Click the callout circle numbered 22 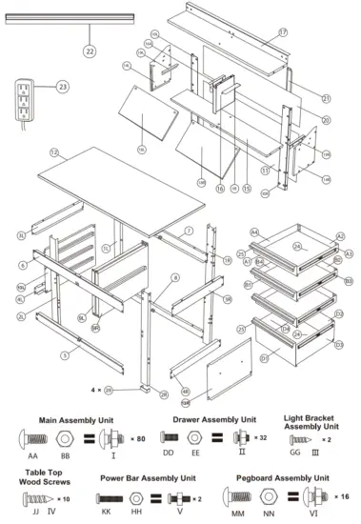(x=90, y=50)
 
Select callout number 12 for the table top (x=54, y=152)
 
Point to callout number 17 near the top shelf (x=283, y=33)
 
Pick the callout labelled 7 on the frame (x=189, y=231)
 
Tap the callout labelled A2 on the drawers (x=340, y=237)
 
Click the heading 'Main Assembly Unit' (x=72, y=418)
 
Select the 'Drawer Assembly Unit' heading (x=214, y=418)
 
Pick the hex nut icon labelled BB (x=65, y=439)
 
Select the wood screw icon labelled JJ (x=37, y=499)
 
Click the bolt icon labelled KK (x=110, y=499)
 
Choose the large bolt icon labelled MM (x=237, y=499)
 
